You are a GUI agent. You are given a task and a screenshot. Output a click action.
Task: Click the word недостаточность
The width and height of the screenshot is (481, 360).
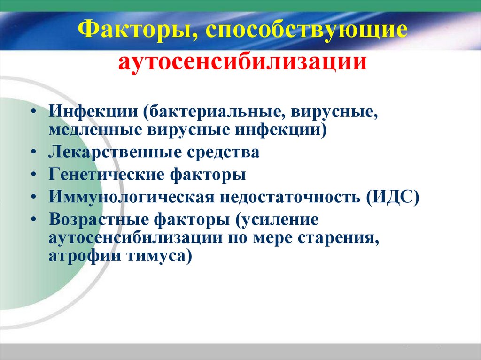287,196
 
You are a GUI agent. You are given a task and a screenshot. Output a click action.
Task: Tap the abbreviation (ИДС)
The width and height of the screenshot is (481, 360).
393,196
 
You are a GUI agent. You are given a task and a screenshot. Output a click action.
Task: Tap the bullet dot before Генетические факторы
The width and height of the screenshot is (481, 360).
36,175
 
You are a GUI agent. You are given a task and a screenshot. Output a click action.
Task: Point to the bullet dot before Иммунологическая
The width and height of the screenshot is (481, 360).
36,196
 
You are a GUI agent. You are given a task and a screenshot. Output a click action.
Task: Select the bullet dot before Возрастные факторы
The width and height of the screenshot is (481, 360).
36,219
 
